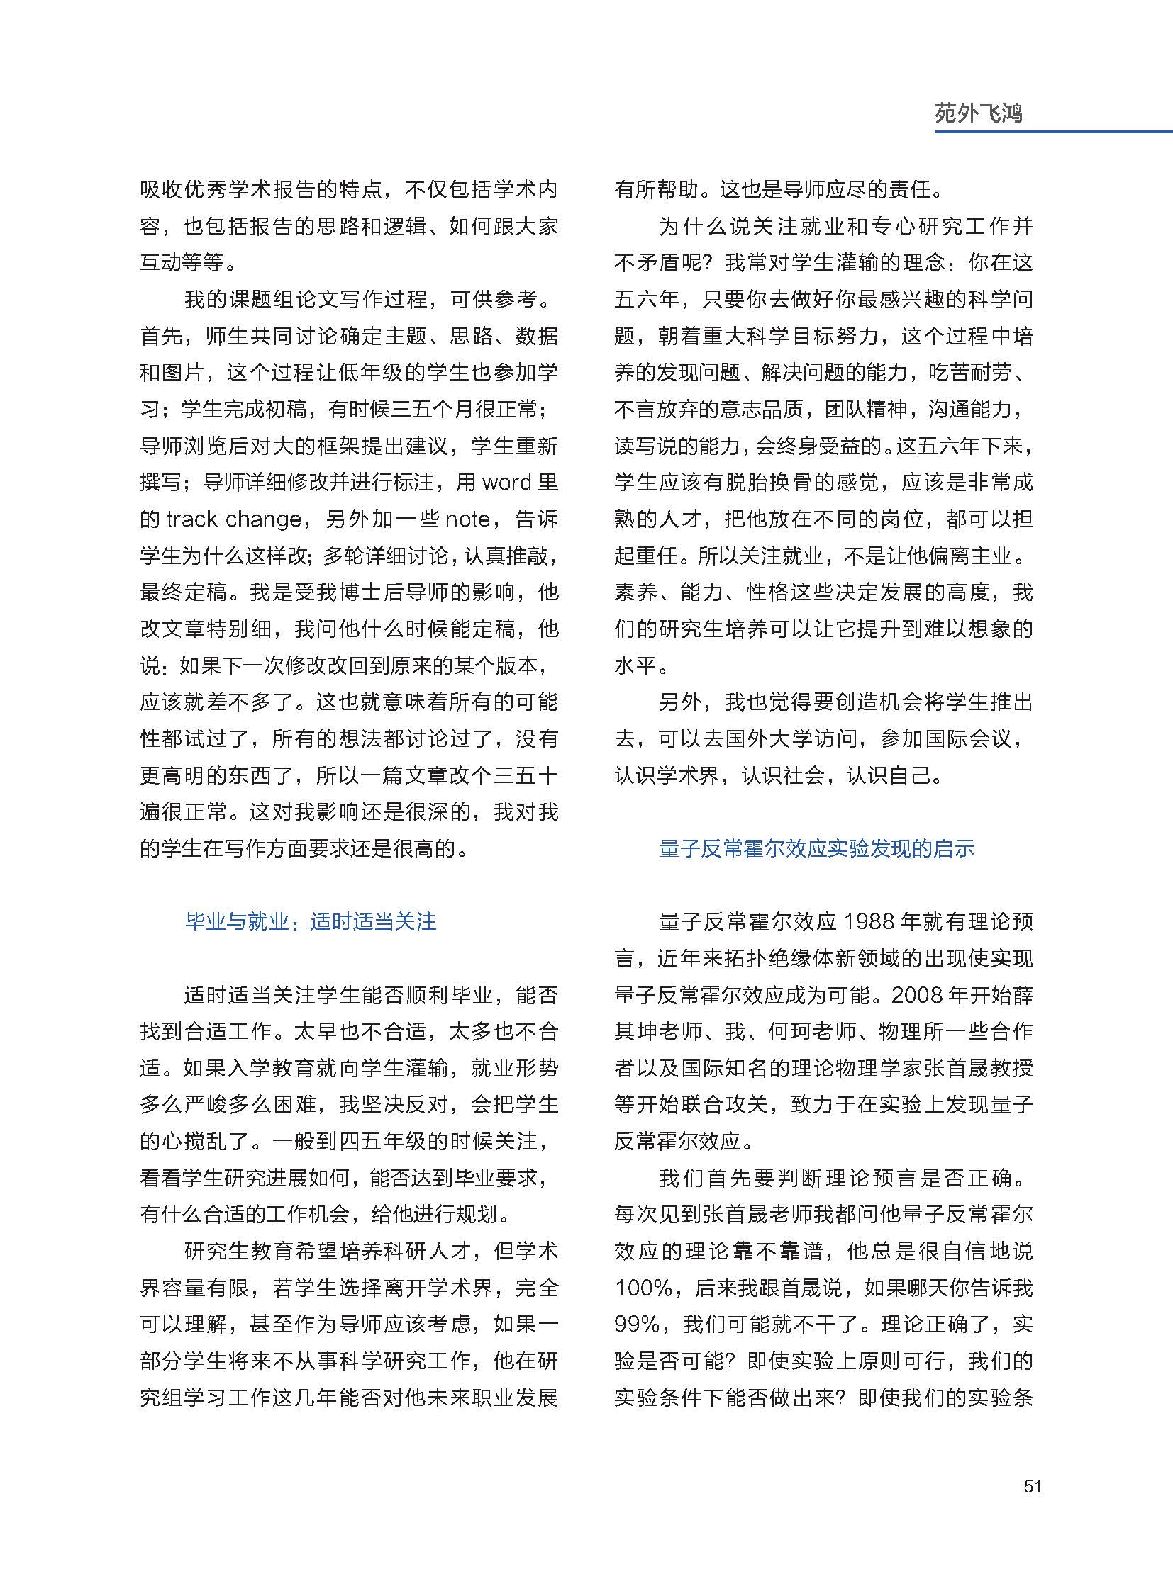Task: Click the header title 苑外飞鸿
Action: pyautogui.click(x=978, y=113)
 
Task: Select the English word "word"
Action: pyautogui.click(x=506, y=483)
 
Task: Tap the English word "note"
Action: pyautogui.click(x=467, y=519)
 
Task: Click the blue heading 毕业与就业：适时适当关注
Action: pyautogui.click(x=311, y=922)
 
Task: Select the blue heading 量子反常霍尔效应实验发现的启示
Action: pyautogui.click(x=816, y=849)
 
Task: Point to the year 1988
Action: pyautogui.click(x=867, y=922)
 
